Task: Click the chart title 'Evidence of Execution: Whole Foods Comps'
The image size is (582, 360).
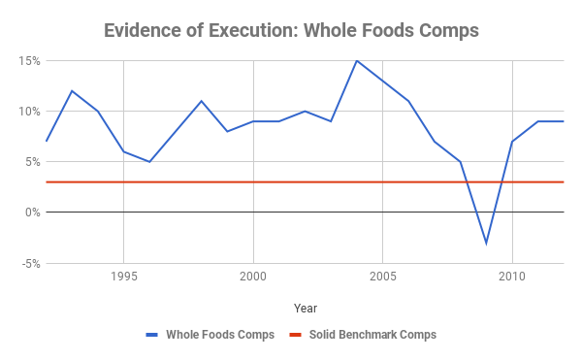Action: (291, 29)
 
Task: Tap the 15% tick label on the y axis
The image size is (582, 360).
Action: (28, 61)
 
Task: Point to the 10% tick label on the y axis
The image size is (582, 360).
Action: (28, 112)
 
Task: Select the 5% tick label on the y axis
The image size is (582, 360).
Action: (31, 162)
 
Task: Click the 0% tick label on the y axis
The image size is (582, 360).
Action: (31, 213)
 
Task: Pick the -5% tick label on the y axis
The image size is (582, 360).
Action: (29, 263)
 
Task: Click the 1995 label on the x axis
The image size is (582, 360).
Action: (123, 276)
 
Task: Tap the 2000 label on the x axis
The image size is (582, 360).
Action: (253, 276)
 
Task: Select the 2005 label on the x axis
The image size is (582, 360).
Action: (382, 276)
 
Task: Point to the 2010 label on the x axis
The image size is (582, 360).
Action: (512, 276)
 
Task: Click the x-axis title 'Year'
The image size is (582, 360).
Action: (305, 308)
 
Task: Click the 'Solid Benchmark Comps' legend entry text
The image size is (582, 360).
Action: (372, 335)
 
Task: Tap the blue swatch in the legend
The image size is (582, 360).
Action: (151, 335)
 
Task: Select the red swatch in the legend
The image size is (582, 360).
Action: (296, 335)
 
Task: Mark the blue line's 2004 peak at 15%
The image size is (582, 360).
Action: (356, 60)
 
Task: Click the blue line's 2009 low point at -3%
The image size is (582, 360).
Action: (486, 243)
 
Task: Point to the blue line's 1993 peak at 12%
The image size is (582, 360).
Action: (72, 91)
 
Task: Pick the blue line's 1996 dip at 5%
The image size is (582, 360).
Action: (149, 161)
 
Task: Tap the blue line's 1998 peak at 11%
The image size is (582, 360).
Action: (201, 101)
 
